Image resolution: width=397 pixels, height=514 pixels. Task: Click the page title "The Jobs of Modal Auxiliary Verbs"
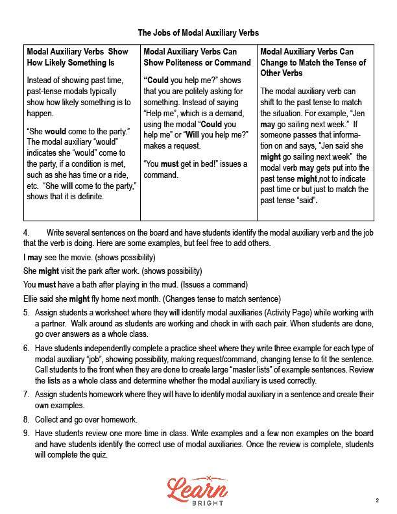[x=198, y=32]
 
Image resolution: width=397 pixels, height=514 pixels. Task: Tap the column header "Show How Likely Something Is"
[x=77, y=57]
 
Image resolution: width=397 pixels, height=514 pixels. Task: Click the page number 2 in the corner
[x=377, y=500]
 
